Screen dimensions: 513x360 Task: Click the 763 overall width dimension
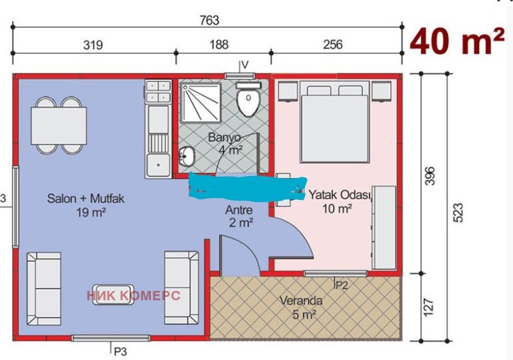tap(209, 21)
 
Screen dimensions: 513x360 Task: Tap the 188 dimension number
tap(219, 44)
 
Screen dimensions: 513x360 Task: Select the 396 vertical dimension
tap(430, 176)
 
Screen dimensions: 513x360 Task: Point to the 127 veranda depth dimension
tap(429, 308)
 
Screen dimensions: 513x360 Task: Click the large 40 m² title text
tap(457, 41)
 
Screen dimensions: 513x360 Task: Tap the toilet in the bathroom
tap(249, 99)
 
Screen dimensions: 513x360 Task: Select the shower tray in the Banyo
tap(201, 103)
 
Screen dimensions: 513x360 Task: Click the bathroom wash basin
tap(187, 156)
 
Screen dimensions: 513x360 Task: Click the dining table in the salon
tap(59, 126)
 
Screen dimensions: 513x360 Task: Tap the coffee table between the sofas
tap(113, 295)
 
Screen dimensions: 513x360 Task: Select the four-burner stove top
tap(158, 91)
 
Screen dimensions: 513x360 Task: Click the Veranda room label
tap(300, 300)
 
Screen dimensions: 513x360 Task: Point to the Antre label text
tap(239, 210)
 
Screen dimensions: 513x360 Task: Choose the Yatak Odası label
tap(340, 195)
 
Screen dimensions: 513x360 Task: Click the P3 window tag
tap(120, 351)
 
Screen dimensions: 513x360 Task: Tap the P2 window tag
tap(342, 286)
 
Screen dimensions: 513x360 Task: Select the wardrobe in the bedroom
tap(385, 228)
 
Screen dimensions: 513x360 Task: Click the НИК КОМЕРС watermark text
tap(134, 296)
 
